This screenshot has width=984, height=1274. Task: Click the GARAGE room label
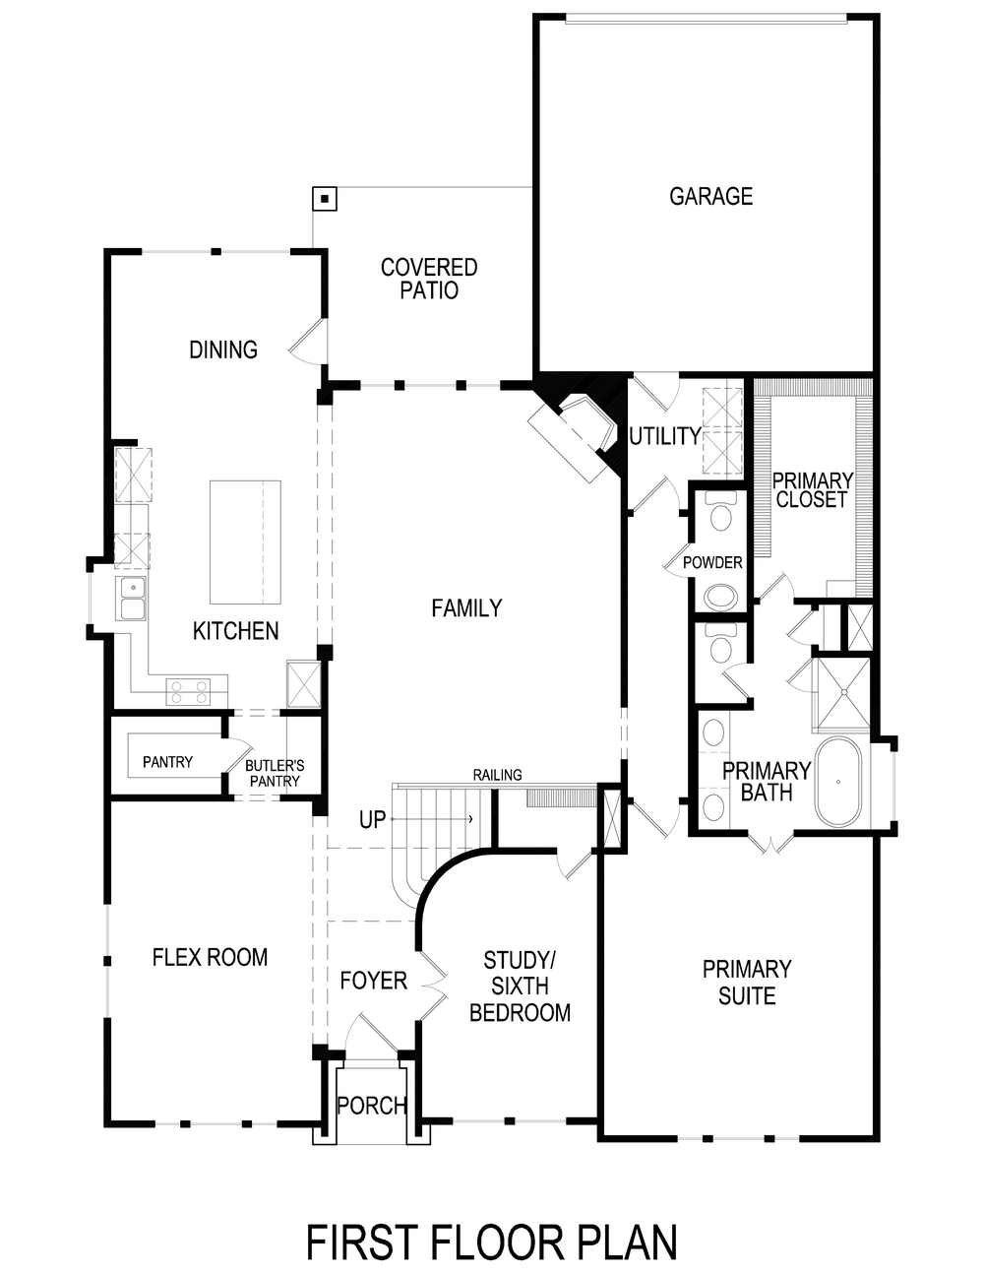click(710, 196)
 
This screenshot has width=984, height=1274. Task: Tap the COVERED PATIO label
click(429, 279)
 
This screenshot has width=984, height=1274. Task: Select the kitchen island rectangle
click(245, 541)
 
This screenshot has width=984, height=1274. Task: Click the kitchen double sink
click(132, 599)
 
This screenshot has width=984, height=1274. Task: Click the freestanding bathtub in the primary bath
click(837, 782)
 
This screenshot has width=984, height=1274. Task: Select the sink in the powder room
click(721, 597)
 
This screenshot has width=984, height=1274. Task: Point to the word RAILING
click(497, 775)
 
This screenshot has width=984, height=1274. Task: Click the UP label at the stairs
click(372, 819)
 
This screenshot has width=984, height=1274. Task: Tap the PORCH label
click(371, 1106)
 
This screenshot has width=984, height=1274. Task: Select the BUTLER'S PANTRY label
click(275, 773)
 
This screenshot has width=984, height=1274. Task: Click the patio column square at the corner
click(324, 199)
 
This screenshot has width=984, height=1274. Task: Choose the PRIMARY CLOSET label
click(812, 490)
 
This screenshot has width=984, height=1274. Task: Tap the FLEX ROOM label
click(210, 957)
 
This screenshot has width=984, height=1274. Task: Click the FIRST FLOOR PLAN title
click(491, 1242)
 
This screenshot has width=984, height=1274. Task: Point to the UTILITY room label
click(664, 436)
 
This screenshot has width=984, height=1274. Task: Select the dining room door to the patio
click(307, 343)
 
